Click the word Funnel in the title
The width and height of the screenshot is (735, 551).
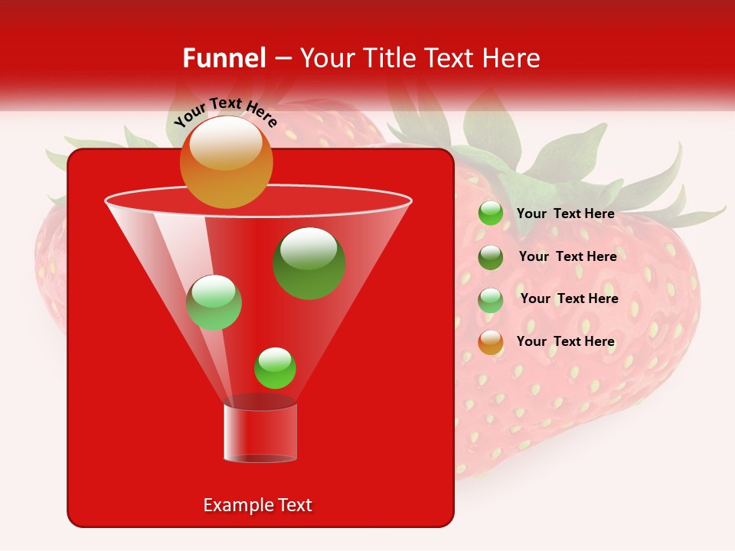pos(224,58)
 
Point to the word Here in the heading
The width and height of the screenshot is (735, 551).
pos(511,58)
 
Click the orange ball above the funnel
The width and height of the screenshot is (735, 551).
pos(226,162)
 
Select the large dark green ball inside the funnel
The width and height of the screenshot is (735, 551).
pos(309,263)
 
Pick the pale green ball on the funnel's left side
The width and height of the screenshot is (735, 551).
pos(214,302)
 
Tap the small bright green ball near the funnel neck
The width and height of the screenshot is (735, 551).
pos(275,368)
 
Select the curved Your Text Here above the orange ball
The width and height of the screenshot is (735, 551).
pos(225,112)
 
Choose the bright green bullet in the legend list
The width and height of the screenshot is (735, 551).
pos(491,214)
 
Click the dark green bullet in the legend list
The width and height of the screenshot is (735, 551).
pos(491,257)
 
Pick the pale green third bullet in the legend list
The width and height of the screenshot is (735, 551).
pos(491,300)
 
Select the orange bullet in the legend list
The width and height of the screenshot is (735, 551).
pos(491,342)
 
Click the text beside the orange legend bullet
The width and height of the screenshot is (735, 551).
pos(565,341)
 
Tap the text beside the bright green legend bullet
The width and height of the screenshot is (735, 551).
pos(565,214)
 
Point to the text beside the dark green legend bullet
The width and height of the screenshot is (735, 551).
pos(567,256)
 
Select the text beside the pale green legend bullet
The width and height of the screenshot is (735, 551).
pos(569,298)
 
